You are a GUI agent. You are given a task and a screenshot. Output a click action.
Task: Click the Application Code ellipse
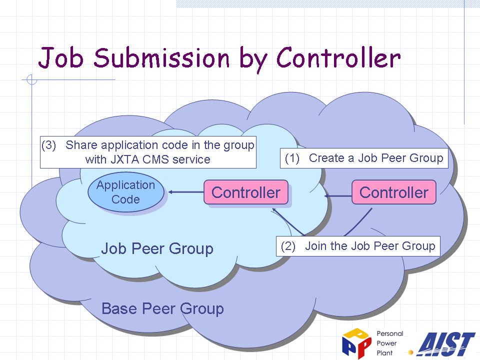(126, 192)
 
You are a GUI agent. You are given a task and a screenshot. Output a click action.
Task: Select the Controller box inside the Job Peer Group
(246, 192)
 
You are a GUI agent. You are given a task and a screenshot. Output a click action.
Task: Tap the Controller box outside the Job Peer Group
(394, 192)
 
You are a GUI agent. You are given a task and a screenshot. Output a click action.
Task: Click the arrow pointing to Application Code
(186, 192)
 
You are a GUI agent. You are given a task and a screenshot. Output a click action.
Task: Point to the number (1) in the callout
(292, 158)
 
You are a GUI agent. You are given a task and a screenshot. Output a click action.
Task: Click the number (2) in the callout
(288, 246)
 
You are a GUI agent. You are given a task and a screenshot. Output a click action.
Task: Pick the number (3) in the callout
(48, 145)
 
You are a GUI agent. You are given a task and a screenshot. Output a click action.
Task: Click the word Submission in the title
(161, 57)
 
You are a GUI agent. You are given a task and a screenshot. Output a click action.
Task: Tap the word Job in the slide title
(61, 57)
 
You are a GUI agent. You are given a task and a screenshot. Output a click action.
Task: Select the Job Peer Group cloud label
(157, 248)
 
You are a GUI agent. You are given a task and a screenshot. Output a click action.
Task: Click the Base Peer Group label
(162, 308)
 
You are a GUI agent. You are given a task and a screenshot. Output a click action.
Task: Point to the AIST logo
(447, 344)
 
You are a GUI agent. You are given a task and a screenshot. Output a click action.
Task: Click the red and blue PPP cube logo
(356, 343)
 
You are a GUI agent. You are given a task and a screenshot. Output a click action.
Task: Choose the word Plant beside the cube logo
(384, 353)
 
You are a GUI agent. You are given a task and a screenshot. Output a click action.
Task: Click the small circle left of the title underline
(32, 79)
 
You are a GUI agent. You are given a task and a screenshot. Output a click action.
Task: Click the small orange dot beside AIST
(411, 352)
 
